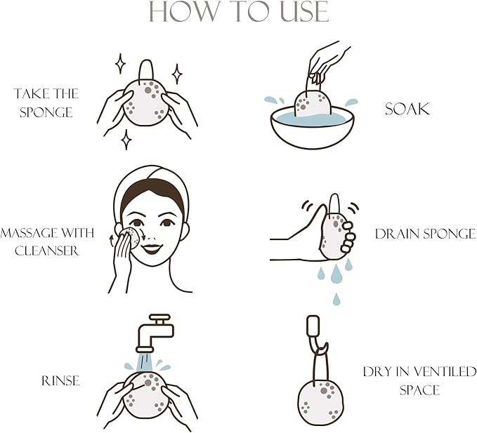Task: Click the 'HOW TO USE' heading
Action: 239,11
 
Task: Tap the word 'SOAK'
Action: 407,109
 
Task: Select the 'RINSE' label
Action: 60,381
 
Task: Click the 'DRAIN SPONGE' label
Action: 425,234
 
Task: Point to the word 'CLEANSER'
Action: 47,251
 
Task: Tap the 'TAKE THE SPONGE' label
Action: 46,102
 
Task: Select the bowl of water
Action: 312,127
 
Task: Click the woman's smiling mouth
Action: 152,248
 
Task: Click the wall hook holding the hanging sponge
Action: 316,334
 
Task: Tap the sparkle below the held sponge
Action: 126,140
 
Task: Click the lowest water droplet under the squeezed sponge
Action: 336,299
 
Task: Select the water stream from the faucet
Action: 144,361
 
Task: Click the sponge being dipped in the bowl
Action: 313,103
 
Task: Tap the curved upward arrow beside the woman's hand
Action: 112,241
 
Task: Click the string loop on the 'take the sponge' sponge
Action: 146,70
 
